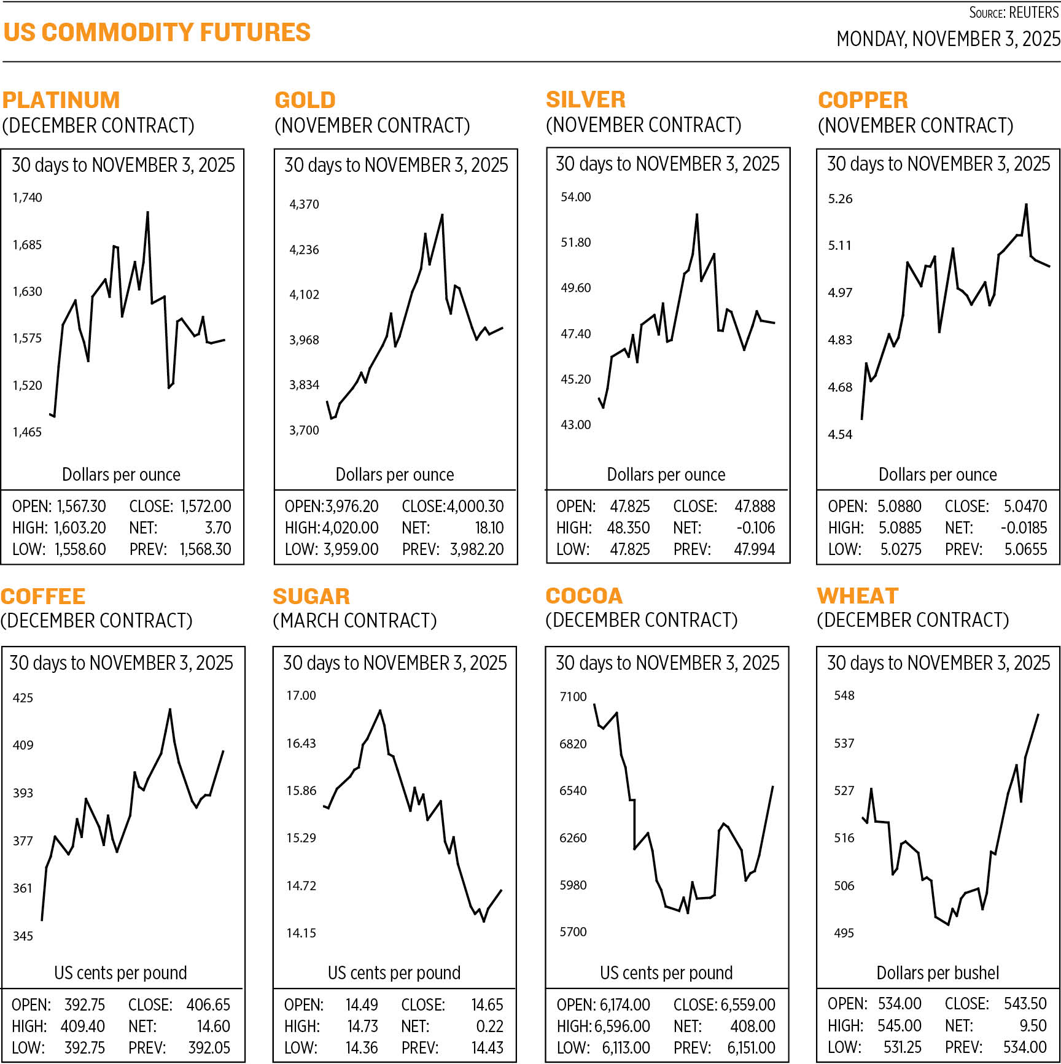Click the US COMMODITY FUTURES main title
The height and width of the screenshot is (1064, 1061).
[157, 33]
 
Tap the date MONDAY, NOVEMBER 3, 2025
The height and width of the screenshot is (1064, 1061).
[947, 39]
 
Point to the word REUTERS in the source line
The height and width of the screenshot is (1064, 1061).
[1034, 13]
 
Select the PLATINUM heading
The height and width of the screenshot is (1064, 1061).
[61, 100]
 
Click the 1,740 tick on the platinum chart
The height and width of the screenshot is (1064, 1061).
[28, 198]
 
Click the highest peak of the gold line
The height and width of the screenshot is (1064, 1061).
[442, 215]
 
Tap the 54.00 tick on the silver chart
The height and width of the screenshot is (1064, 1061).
[575, 197]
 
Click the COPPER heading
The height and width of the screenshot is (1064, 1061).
[863, 100]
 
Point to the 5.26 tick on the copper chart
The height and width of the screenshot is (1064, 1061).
[840, 199]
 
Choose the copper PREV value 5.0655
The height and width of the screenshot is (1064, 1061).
[1025, 549]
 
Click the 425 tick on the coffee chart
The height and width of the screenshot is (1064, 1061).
[23, 698]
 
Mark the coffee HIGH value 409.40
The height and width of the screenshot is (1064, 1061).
[82, 1027]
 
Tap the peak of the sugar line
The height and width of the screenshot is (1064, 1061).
[380, 710]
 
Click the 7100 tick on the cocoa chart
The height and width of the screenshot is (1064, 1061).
[573, 697]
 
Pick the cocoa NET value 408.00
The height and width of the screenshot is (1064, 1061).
[753, 1027]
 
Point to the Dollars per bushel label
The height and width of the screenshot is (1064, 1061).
[938, 973]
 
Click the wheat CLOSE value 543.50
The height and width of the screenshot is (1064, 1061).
[1025, 1004]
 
